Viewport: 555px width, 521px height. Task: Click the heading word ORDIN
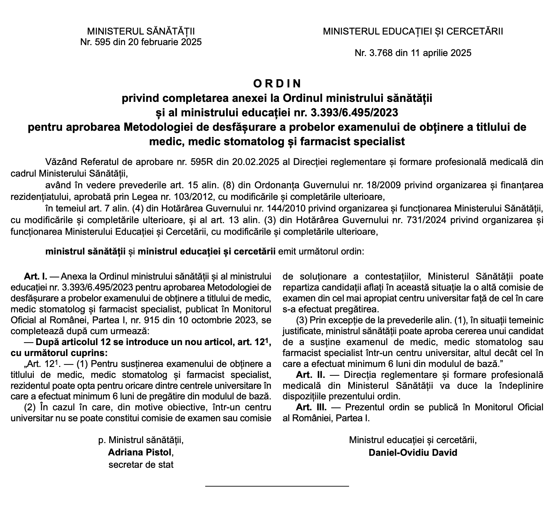(x=277, y=84)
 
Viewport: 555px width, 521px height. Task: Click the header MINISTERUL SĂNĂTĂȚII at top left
(x=141, y=31)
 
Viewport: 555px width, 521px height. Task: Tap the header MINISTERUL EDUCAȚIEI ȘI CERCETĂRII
(x=413, y=31)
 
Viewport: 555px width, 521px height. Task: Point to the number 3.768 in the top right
(x=382, y=53)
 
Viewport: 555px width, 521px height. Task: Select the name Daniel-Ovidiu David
(x=413, y=452)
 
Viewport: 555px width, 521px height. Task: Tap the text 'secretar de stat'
(x=141, y=464)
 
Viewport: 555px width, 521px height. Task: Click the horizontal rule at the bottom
(x=277, y=486)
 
